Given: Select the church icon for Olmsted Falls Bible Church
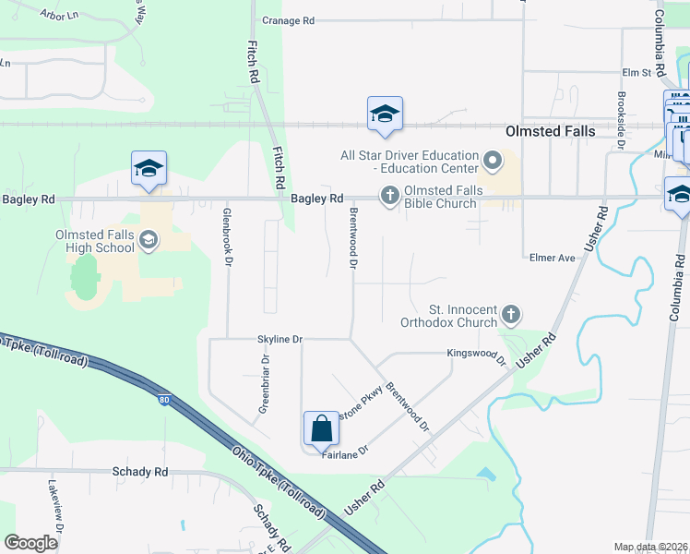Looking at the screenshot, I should coord(389,196).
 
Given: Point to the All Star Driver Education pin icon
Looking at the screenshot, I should coord(492,162).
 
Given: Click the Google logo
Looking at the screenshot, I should coord(30,543).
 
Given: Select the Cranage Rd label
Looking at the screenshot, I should coord(289,20).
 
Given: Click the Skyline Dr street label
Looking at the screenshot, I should coord(280,340).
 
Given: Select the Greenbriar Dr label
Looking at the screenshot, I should coord(264,384).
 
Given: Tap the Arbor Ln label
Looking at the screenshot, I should coord(62,14).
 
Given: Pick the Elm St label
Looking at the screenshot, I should coord(636,72).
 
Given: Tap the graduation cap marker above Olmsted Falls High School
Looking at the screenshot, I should coord(149,170).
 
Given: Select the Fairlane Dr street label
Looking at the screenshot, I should coord(345,451).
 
